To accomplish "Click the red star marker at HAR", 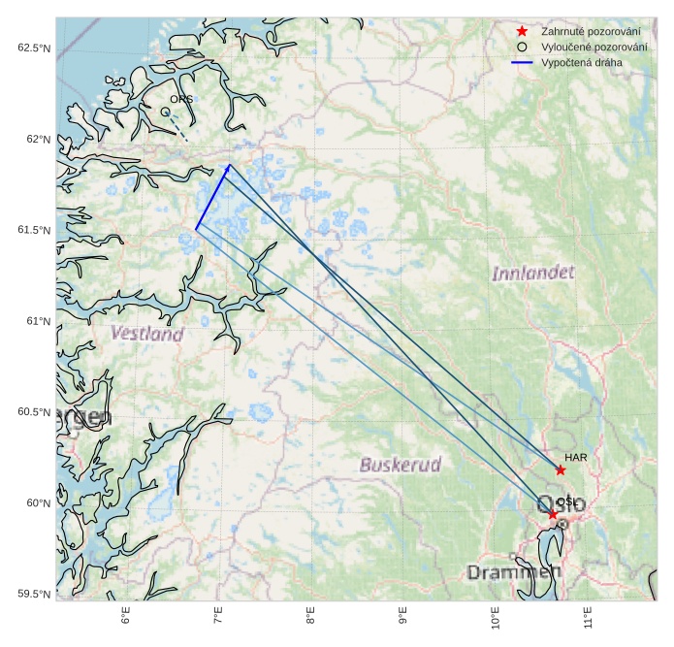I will tap(561, 469).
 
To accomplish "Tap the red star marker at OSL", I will tap(553, 514).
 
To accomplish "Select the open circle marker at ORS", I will tap(166, 112).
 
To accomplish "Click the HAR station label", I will tap(576, 456).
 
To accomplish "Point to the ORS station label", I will tap(181, 99).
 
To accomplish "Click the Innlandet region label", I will tap(532, 273).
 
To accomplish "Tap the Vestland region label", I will tap(146, 334).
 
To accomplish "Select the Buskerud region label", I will tap(400, 465).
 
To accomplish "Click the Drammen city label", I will tap(514, 571).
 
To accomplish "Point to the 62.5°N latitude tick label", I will tap(34, 49).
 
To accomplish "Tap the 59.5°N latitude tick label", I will tap(34, 594).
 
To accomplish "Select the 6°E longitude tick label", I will tap(125, 618).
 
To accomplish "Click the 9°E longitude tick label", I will tap(402, 618).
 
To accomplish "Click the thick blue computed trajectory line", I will tap(211, 198).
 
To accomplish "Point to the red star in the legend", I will tap(522, 32).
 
